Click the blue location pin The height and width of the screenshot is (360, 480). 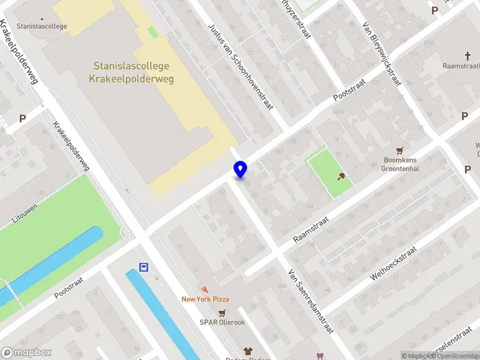pyautogui.click(x=240, y=170)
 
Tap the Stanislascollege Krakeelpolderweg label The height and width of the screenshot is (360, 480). pyautogui.click(x=131, y=72)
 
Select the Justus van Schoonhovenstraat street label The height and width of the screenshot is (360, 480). pyautogui.click(x=241, y=66)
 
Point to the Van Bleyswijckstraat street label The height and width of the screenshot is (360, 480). pyautogui.click(x=382, y=54)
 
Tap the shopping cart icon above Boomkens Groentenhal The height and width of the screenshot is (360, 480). pyautogui.click(x=400, y=150)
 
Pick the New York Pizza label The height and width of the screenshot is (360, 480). pyautogui.click(x=205, y=299)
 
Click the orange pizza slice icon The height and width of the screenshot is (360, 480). pyautogui.click(x=205, y=289)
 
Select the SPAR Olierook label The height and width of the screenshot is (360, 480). pyautogui.click(x=223, y=322)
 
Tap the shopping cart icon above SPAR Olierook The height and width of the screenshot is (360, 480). pyautogui.click(x=223, y=312)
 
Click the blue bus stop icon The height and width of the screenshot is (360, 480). pyautogui.click(x=143, y=268)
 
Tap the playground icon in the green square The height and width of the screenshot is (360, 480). pyautogui.click(x=341, y=176)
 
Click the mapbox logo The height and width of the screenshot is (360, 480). pyautogui.click(x=26, y=353)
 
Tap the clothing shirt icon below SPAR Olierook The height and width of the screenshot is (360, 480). pyautogui.click(x=247, y=350)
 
